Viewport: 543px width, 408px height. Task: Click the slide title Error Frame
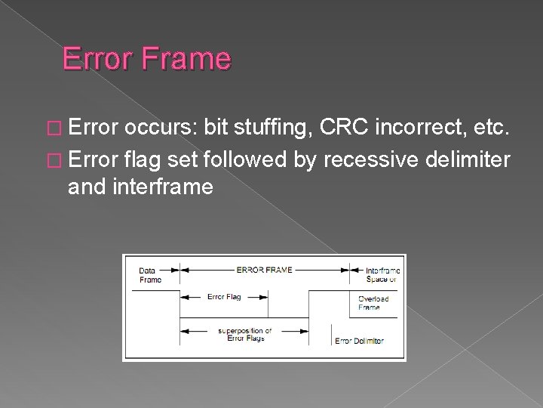(x=146, y=58)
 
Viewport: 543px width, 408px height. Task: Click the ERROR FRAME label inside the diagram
(x=264, y=268)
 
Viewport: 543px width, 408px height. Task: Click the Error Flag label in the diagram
(x=224, y=297)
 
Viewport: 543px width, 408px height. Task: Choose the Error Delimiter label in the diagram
(x=360, y=341)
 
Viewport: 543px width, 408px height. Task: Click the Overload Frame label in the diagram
(x=374, y=302)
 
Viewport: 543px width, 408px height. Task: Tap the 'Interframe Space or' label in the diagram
(x=382, y=274)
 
